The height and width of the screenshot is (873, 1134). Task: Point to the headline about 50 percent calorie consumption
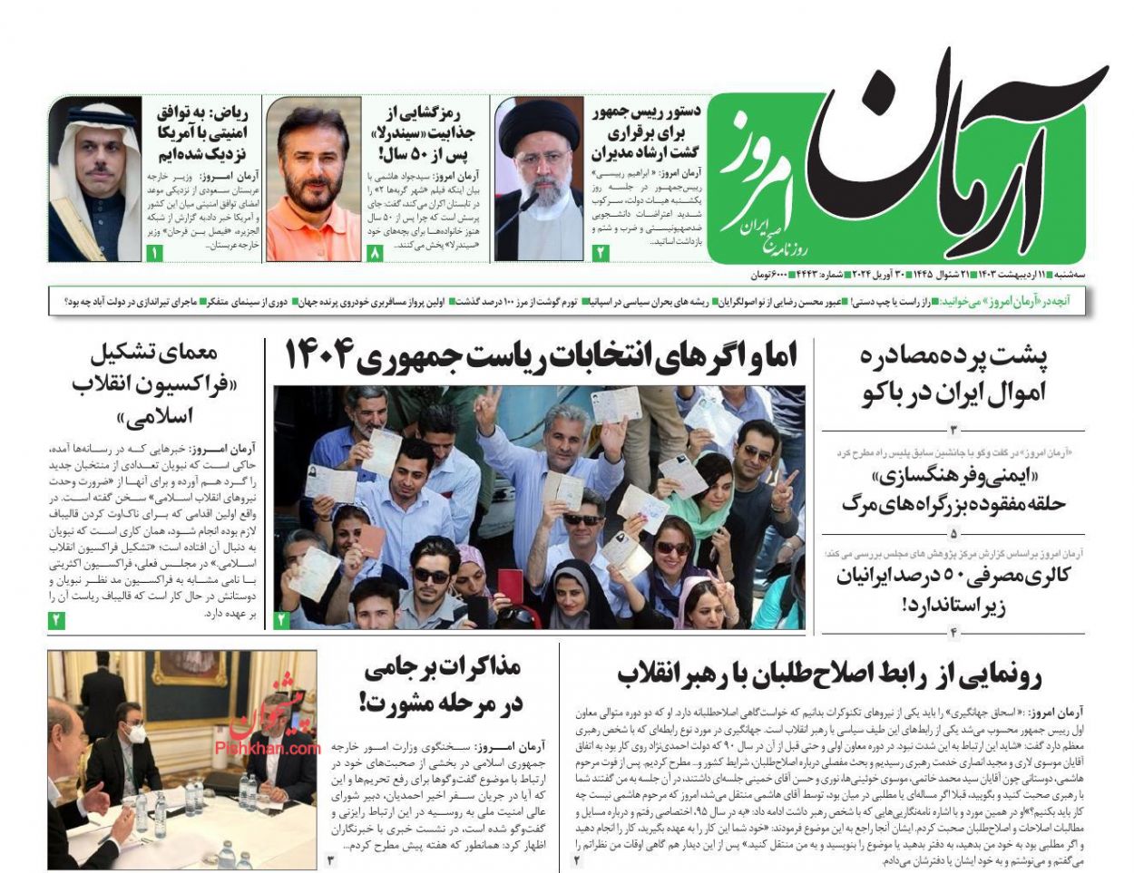click(x=953, y=589)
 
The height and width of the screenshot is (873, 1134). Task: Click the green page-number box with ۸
click(x=376, y=254)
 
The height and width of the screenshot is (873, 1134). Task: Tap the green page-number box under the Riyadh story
click(x=153, y=254)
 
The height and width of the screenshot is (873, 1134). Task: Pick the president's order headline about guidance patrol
click(x=647, y=132)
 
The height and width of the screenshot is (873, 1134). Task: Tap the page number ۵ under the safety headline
click(x=953, y=534)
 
